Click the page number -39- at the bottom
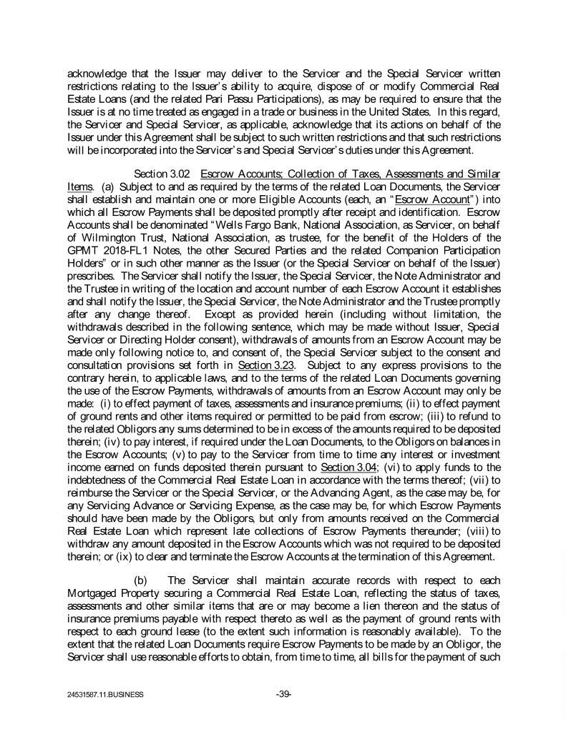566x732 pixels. [283, 693]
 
